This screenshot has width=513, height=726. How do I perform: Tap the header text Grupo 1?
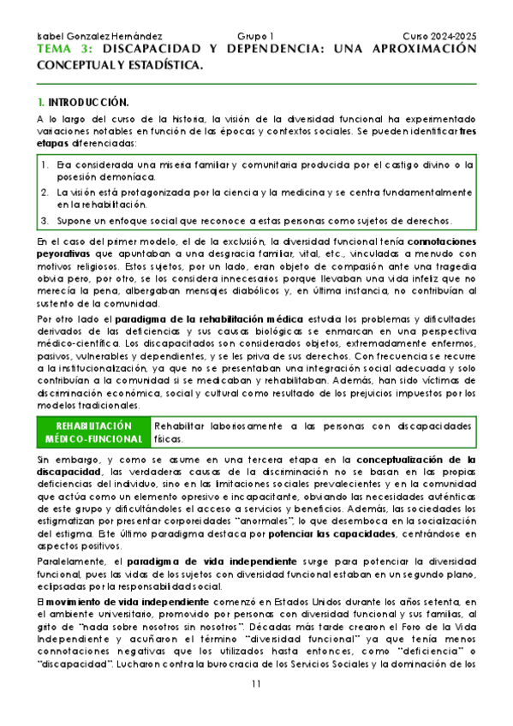(x=254, y=37)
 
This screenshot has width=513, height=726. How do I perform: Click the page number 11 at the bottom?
(x=257, y=683)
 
